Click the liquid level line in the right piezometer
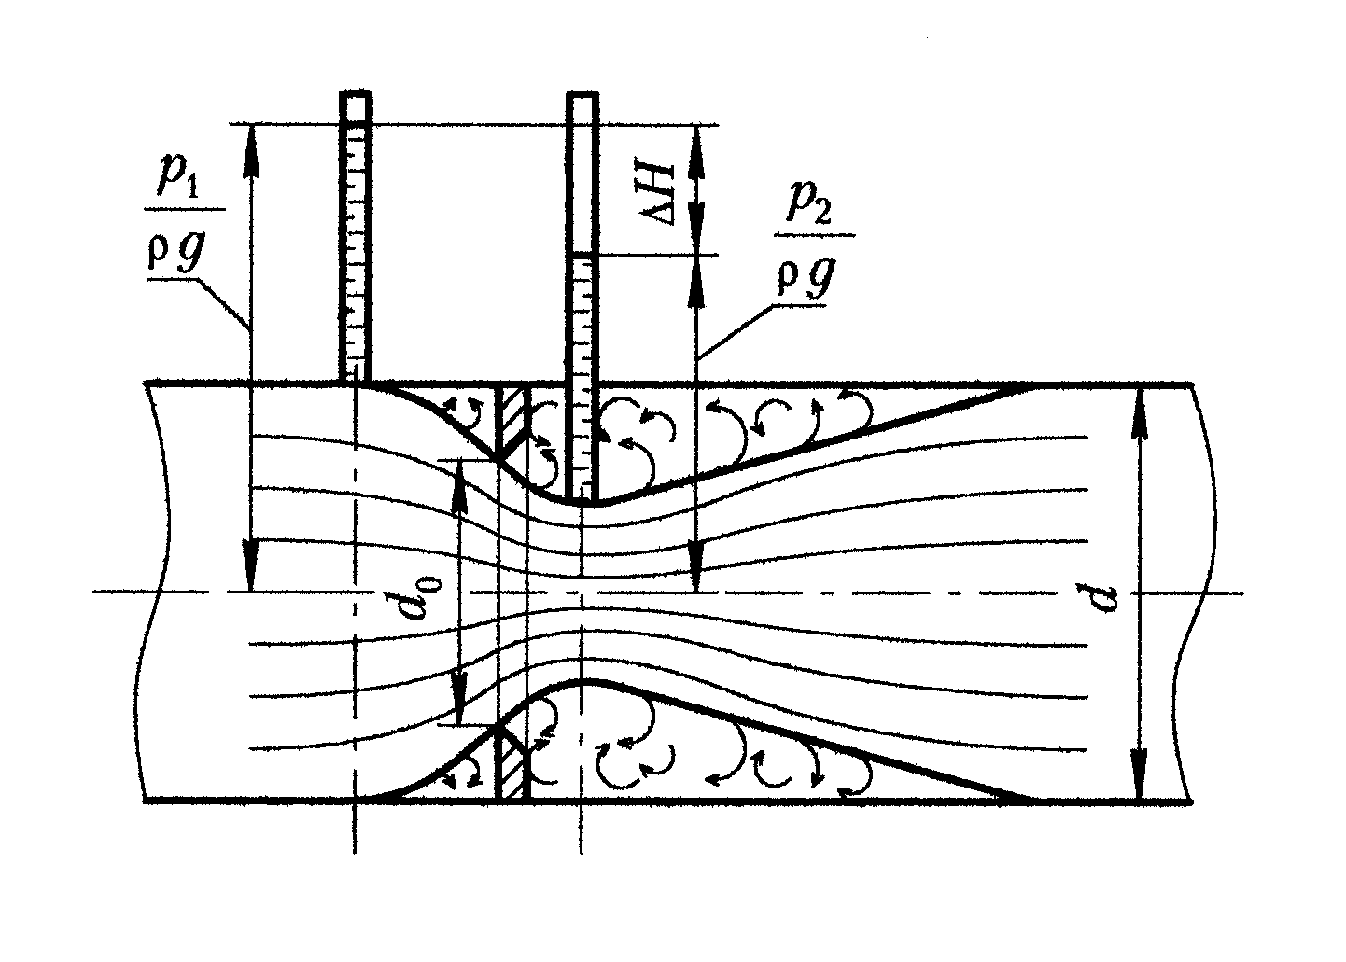[x=583, y=254]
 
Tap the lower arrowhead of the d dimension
[x=1140, y=779]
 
